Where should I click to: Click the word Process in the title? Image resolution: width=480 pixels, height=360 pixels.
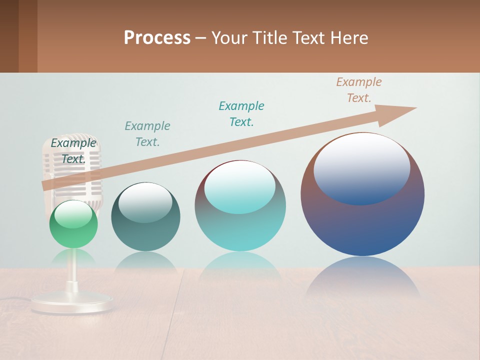pyautogui.click(x=157, y=38)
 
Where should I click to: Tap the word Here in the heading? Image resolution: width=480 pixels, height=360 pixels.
pyautogui.click(x=349, y=38)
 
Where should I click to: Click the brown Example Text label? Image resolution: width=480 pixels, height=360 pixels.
pyautogui.click(x=358, y=90)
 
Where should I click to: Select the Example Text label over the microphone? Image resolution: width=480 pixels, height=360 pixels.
pyautogui.click(x=73, y=151)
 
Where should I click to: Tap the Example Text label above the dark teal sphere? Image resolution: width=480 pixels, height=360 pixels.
pyautogui.click(x=147, y=134)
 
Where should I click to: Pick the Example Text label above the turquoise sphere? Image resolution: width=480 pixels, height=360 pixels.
pyautogui.click(x=241, y=114)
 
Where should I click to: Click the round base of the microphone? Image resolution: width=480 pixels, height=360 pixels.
pyautogui.click(x=72, y=303)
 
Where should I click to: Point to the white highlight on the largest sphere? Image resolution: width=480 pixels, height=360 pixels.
pyautogui.click(x=361, y=169)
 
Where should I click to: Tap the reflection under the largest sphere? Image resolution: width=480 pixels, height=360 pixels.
pyautogui.click(x=362, y=277)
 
